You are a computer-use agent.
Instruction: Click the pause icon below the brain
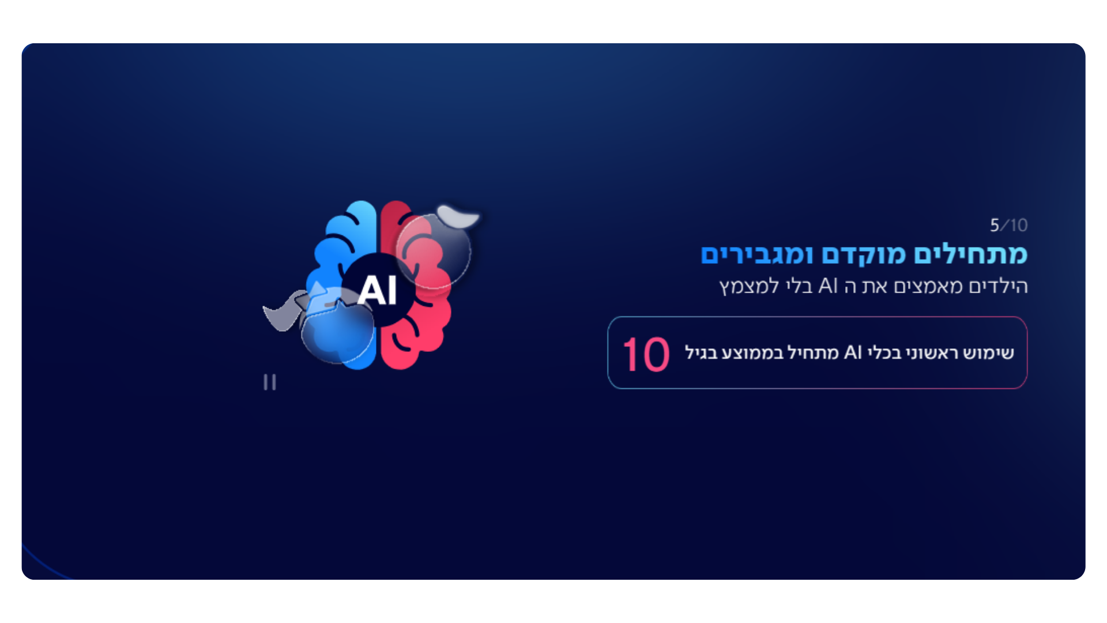point(270,382)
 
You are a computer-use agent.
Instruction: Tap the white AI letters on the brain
point(377,290)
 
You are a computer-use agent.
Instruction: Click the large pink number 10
point(646,354)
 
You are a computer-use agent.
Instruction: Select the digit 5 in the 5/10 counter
point(995,225)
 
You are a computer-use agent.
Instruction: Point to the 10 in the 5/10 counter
point(1019,225)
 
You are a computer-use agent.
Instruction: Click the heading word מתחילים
point(971,254)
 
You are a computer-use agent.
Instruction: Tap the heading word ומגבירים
point(757,254)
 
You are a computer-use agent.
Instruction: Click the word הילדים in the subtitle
point(999,286)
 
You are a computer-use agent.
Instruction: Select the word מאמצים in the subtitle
point(928,286)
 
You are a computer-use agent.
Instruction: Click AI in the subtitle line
point(828,286)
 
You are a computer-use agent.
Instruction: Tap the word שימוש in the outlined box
point(989,352)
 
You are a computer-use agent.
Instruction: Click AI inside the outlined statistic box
point(853,352)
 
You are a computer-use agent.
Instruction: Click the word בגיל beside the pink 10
point(701,352)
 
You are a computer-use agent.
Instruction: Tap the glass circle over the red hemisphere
point(433,251)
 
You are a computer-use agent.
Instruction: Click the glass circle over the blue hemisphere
point(338,326)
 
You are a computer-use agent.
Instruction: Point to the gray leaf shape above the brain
point(458,216)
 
